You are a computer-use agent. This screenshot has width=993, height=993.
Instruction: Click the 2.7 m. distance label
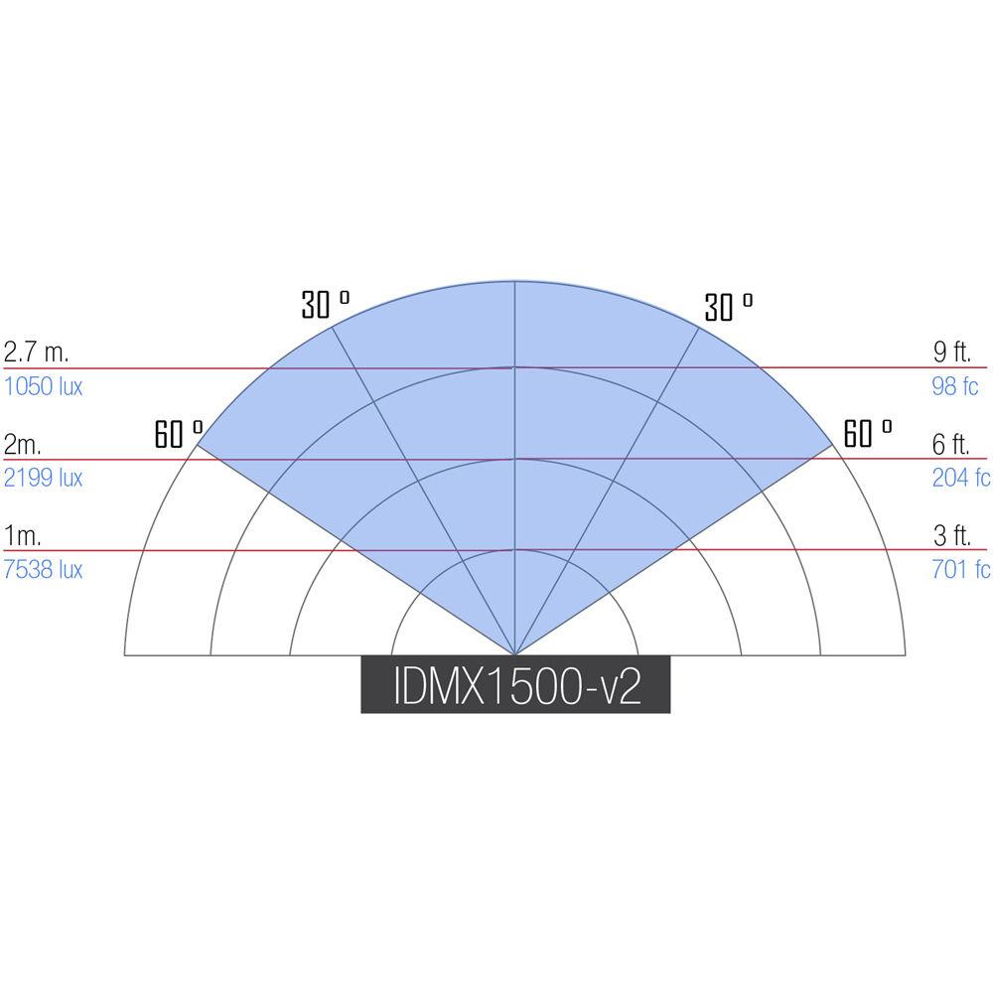(x=36, y=352)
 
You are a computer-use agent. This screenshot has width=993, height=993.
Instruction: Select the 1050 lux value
(x=43, y=386)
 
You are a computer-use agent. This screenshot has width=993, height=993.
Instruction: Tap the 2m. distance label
(x=22, y=444)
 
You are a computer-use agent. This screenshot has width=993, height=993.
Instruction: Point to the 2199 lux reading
(x=43, y=478)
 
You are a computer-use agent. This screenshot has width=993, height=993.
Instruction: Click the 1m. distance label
(x=22, y=536)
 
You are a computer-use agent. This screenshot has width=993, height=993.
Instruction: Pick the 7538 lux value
(x=43, y=569)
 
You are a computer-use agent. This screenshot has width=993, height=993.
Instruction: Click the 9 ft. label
(x=952, y=352)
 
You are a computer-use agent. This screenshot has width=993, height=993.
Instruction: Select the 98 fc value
(x=955, y=386)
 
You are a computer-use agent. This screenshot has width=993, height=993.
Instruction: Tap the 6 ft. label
(x=951, y=444)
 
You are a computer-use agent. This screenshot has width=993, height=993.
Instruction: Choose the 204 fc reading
(x=960, y=478)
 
